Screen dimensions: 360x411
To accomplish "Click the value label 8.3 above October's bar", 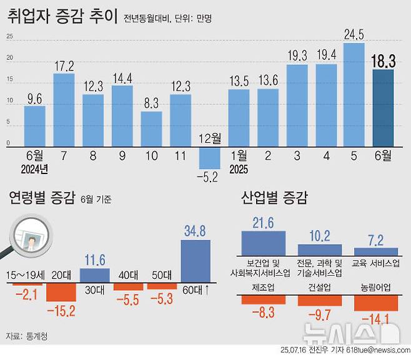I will [151, 104].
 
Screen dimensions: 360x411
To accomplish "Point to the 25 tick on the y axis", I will [9, 36].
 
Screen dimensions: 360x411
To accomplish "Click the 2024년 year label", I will [35, 168].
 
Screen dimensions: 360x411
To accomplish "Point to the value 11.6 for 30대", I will [95, 258].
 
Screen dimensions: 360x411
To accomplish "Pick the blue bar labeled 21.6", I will [263, 242].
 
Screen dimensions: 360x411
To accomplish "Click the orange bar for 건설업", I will [320, 300].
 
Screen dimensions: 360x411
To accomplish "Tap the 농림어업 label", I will [377, 288].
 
